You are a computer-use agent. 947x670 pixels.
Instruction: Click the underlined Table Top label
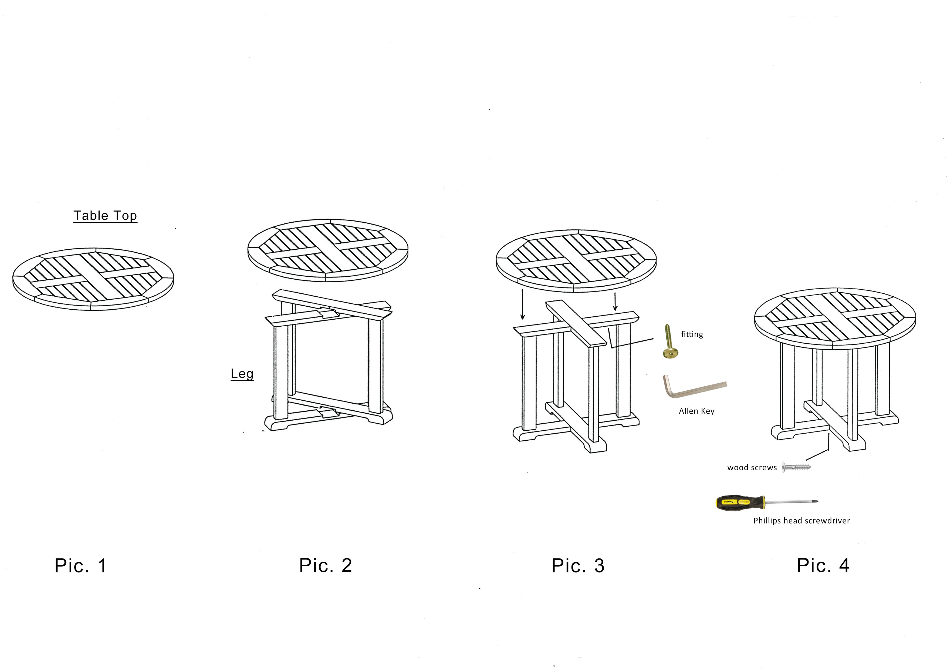[x=105, y=216]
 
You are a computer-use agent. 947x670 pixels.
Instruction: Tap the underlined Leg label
[x=242, y=374]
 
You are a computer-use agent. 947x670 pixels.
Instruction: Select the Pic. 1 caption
[x=81, y=565]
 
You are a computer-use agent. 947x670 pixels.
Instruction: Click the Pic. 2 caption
[x=325, y=565]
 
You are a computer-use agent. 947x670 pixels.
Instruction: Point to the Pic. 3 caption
[x=578, y=565]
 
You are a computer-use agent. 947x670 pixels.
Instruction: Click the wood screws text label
[x=752, y=467]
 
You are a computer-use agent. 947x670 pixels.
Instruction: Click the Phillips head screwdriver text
[x=801, y=521]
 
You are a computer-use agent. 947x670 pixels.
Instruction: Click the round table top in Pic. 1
[x=93, y=279]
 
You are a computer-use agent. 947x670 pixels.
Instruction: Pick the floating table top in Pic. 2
[x=328, y=250]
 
